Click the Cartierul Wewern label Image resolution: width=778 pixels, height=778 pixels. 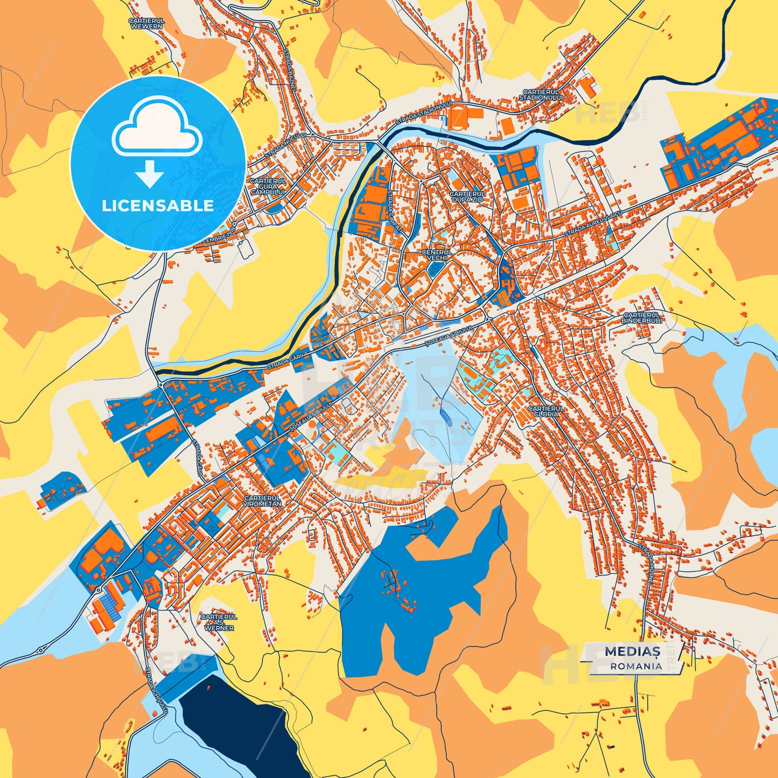(x=146, y=23)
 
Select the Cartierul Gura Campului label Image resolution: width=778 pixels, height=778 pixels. (x=268, y=186)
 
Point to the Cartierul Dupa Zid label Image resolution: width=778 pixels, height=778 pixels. (x=467, y=196)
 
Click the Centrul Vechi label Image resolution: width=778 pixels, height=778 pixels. (x=437, y=255)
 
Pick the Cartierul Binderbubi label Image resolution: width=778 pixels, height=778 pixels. (x=642, y=318)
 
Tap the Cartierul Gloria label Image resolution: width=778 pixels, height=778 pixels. (x=546, y=411)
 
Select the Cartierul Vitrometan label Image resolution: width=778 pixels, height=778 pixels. (x=262, y=501)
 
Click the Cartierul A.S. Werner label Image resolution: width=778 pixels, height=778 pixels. (x=219, y=622)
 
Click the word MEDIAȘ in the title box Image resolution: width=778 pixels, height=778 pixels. (x=632, y=651)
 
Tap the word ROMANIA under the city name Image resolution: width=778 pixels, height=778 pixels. (x=636, y=666)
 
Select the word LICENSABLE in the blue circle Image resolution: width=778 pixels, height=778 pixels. (x=158, y=206)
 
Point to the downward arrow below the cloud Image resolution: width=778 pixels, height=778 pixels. (x=150, y=174)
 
